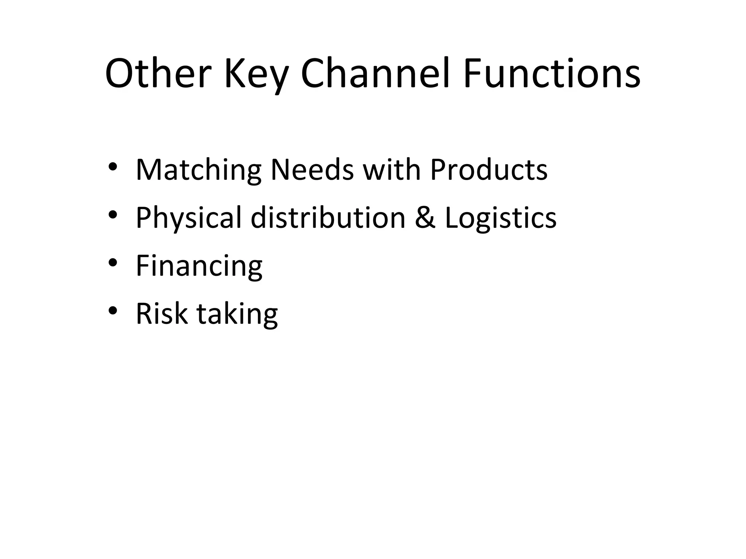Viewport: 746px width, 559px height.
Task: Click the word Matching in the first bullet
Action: click(x=199, y=170)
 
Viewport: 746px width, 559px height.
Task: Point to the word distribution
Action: click(x=328, y=217)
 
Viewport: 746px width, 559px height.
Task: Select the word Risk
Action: click(x=162, y=313)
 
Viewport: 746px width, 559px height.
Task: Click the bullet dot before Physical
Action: click(x=113, y=215)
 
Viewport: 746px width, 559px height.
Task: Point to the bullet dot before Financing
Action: click(x=113, y=262)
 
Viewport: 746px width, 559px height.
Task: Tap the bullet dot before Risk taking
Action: click(x=113, y=310)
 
